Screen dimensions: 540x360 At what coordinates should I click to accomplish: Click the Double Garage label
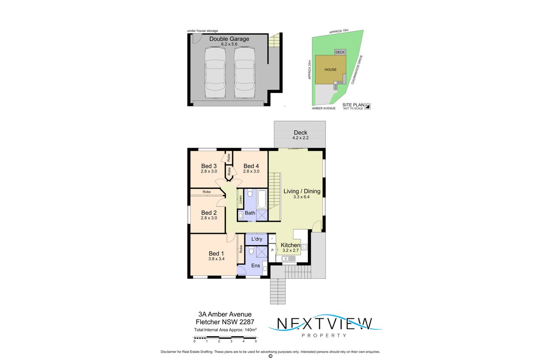(x=229, y=39)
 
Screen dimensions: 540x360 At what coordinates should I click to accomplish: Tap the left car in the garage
(x=215, y=73)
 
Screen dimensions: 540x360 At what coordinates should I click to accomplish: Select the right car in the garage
(x=244, y=73)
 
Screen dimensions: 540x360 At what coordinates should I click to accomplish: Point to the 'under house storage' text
(x=203, y=31)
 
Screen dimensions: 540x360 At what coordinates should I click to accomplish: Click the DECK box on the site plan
(x=340, y=52)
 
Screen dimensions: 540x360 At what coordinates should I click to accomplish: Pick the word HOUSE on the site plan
(x=330, y=69)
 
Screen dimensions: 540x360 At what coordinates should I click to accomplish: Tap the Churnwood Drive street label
(x=357, y=70)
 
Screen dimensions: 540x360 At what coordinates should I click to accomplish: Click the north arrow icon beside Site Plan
(x=368, y=106)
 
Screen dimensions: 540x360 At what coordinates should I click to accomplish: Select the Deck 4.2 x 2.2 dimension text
(x=300, y=138)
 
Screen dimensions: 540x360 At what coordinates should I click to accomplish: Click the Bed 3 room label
(x=209, y=166)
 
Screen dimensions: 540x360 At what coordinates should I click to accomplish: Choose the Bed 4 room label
(x=251, y=166)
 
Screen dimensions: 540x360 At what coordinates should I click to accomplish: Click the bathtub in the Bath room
(x=262, y=200)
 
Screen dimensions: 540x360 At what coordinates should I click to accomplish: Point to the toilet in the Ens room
(x=251, y=251)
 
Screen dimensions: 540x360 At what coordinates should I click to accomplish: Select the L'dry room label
(x=257, y=239)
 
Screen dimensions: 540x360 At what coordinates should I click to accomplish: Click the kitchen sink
(x=289, y=259)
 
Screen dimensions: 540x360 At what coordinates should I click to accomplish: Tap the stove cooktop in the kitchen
(x=304, y=247)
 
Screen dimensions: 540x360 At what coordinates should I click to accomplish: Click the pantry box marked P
(x=272, y=250)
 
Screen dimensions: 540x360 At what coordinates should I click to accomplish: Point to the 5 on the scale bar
(x=256, y=341)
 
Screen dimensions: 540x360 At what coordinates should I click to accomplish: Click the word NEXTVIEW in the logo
(x=325, y=323)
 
